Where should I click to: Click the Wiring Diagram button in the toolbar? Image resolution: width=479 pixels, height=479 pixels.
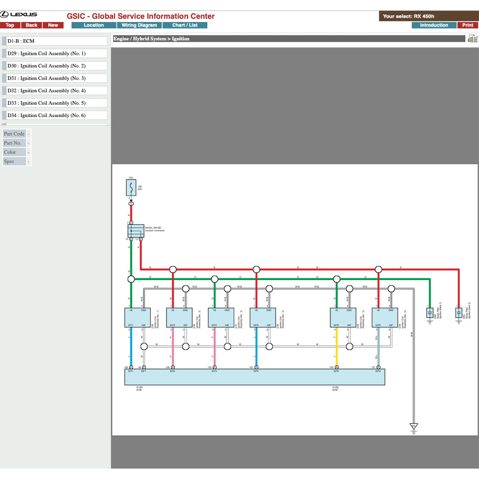139,25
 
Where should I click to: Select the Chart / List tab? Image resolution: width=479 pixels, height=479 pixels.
185,25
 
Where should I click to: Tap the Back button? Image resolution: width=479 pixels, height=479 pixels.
31,25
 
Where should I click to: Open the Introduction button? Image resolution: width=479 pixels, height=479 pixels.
434,25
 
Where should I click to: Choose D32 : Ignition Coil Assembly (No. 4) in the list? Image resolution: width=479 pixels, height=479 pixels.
55,91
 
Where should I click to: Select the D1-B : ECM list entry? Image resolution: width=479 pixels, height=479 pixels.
55,41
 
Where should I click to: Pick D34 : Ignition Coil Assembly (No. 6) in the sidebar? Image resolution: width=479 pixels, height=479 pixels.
55,116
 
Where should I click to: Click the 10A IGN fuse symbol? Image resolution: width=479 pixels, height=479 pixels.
131,189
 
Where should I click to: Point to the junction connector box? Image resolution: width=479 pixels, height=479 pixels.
136,231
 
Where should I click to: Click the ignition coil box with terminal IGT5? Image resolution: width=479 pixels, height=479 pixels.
343,318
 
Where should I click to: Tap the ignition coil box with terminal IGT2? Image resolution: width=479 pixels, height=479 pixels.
179,318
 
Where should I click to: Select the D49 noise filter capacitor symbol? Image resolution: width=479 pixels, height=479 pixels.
430,312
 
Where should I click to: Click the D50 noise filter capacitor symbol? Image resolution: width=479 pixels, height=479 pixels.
459,312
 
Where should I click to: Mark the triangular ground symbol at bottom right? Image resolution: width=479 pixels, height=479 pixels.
414,427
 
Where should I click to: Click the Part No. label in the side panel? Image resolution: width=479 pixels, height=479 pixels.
13,143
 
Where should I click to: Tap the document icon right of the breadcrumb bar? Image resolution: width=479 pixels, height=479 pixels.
472,39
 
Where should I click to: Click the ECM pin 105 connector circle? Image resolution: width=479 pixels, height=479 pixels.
336,367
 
